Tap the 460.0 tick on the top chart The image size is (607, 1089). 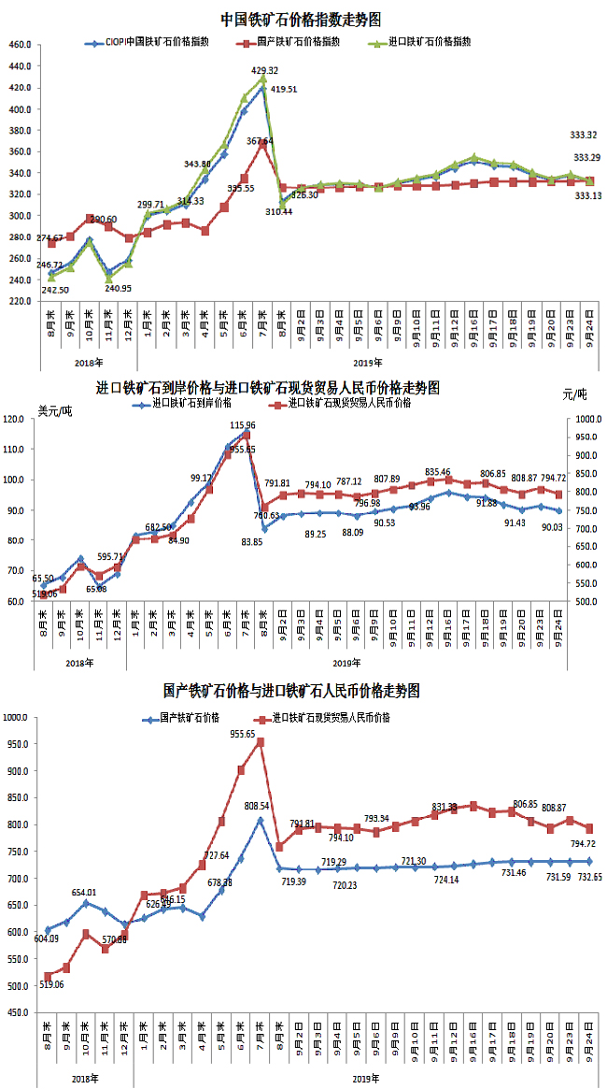20,45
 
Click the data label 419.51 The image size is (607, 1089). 284,90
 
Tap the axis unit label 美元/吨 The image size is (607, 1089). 54,409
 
